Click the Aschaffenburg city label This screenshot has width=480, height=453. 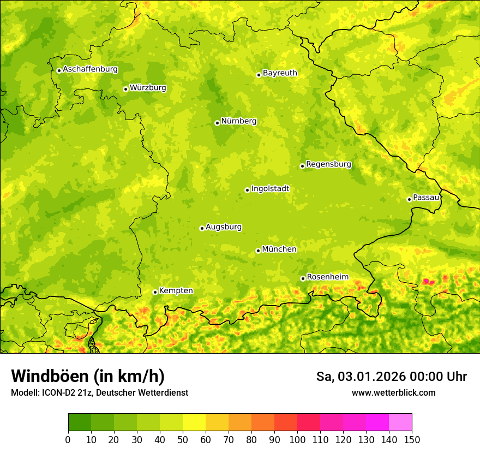(x=90, y=69)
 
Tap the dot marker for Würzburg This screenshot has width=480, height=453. (x=125, y=89)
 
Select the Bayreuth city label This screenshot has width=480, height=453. (x=280, y=73)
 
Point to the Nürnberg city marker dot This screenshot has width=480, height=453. (x=217, y=123)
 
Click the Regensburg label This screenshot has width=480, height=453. (x=328, y=164)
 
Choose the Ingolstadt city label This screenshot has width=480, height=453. (x=270, y=189)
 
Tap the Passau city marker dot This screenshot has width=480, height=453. (x=409, y=199)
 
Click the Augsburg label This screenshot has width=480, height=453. (x=224, y=227)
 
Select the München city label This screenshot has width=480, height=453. (x=279, y=249)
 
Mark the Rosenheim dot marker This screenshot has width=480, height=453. (x=303, y=279)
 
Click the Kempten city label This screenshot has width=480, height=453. (x=176, y=291)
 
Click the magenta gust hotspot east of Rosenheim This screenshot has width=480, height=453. (x=428, y=282)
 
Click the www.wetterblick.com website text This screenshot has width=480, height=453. (x=393, y=392)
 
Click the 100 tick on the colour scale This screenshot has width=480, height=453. (x=297, y=439)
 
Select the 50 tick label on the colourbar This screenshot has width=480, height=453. (x=183, y=439)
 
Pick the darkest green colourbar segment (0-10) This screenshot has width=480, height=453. (x=79, y=422)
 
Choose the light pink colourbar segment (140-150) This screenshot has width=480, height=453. (x=400, y=422)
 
